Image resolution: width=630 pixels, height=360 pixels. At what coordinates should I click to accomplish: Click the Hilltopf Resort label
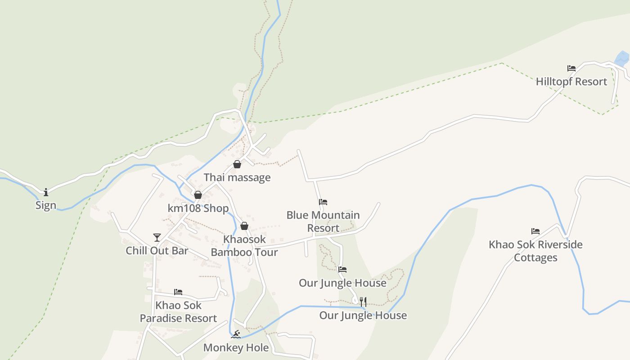[571, 82]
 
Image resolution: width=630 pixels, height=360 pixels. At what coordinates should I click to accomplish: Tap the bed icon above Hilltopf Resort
[571, 68]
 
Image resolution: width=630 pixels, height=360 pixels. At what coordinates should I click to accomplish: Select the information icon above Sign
[46, 192]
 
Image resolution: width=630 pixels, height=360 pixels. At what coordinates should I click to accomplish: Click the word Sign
[46, 206]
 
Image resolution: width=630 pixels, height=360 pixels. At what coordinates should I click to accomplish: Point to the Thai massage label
[237, 177]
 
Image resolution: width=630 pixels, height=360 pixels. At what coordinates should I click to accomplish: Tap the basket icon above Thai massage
[237, 164]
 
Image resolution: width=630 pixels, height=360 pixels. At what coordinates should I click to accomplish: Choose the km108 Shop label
[198, 208]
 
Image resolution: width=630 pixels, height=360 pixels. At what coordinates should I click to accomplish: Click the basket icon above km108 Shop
[198, 195]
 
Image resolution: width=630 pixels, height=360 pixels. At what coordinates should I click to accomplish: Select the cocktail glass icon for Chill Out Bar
[157, 237]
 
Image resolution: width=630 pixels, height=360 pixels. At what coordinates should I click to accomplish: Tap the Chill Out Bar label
[157, 251]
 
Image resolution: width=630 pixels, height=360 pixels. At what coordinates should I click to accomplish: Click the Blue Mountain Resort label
[323, 221]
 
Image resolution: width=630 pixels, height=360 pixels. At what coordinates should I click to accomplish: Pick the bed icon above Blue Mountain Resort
[323, 202]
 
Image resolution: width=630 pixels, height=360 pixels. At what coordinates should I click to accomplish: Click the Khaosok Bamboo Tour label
[244, 246]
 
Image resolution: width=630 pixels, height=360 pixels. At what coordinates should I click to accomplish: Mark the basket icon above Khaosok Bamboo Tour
[244, 225]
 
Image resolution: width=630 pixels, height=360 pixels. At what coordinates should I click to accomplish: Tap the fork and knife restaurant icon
[363, 302]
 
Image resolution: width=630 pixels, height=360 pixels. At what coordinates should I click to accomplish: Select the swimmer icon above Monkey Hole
[236, 334]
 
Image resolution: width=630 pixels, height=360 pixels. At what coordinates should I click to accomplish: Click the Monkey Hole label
[236, 348]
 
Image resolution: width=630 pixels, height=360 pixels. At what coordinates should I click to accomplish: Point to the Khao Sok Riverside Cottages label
[535, 251]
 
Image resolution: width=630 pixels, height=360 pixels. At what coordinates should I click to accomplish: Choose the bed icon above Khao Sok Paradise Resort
[178, 292]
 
